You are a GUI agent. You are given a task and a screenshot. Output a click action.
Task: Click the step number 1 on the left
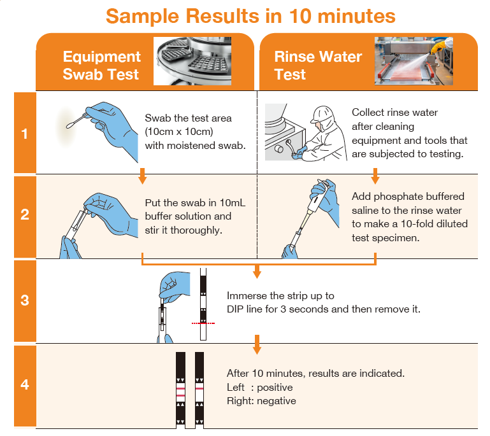(x=25, y=134)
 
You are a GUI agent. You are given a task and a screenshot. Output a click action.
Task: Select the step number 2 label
(x=25, y=214)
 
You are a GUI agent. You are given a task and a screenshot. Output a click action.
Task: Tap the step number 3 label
(x=25, y=300)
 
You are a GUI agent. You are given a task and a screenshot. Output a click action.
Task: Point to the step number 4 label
(x=25, y=384)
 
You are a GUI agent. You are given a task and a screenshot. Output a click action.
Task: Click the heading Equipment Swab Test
(x=101, y=66)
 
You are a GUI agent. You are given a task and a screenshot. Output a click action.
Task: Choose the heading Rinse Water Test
(x=318, y=66)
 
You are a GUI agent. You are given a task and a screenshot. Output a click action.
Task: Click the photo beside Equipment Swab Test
(x=192, y=60)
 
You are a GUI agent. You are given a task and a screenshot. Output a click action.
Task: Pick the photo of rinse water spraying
(x=414, y=60)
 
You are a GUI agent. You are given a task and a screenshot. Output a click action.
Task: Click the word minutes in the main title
(x=354, y=15)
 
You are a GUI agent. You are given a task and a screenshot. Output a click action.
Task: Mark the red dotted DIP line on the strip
(x=203, y=323)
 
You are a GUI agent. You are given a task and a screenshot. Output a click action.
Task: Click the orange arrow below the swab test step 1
(x=142, y=176)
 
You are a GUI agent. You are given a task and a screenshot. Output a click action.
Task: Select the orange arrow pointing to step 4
(x=257, y=344)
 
